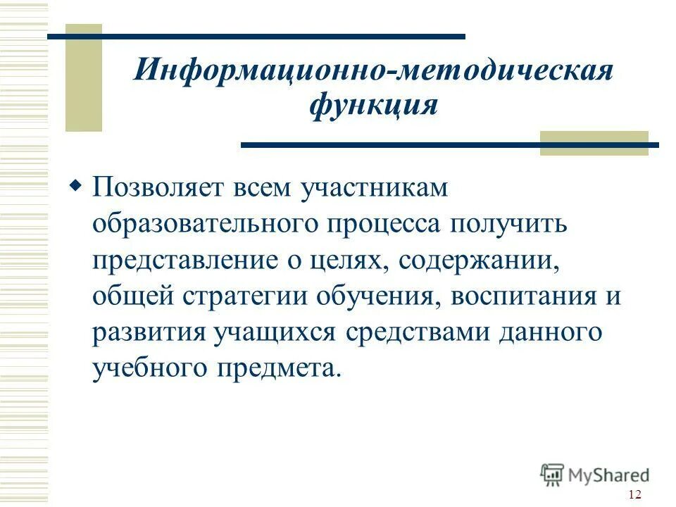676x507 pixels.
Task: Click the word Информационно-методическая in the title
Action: click(373, 73)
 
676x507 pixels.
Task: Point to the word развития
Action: click(149, 332)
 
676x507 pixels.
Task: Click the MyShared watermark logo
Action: click(595, 475)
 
